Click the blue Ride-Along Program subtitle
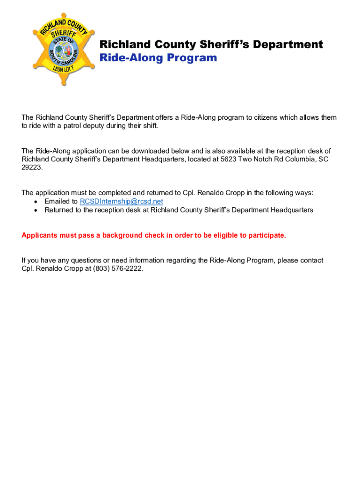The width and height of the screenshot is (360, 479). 158,58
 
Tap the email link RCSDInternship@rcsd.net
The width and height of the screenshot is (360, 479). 122,202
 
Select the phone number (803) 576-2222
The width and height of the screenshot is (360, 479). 118,269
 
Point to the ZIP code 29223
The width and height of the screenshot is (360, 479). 32,167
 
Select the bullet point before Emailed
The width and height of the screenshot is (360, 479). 36,202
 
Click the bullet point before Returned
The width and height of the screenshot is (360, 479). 36,210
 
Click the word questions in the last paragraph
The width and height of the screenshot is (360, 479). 86,261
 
